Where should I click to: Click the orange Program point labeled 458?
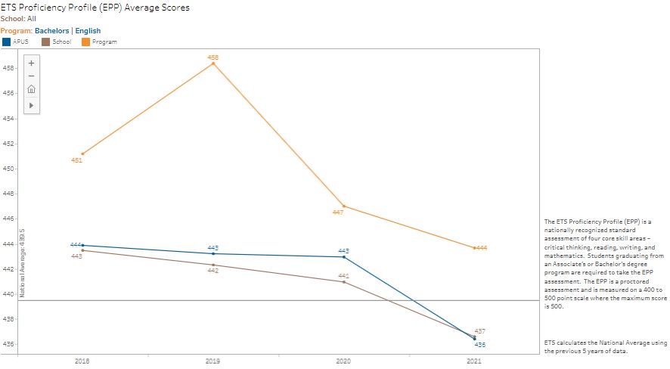coord(213,64)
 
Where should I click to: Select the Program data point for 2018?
coord(82,153)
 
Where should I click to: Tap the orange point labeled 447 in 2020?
coord(344,206)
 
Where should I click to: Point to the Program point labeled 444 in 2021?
coord(474,247)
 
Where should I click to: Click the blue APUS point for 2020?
coord(344,257)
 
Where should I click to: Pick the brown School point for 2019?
coord(213,265)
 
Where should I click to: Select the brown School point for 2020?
coord(344,282)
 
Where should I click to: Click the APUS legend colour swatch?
coord(7,42)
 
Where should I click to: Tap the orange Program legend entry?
coord(98,42)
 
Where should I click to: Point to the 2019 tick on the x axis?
coord(213,361)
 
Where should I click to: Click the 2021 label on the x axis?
coord(474,361)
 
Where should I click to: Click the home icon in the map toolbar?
coord(31,90)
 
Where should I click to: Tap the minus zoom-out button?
coord(31,76)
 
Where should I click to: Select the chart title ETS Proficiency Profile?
coord(95,8)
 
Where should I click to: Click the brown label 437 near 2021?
coord(479,332)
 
